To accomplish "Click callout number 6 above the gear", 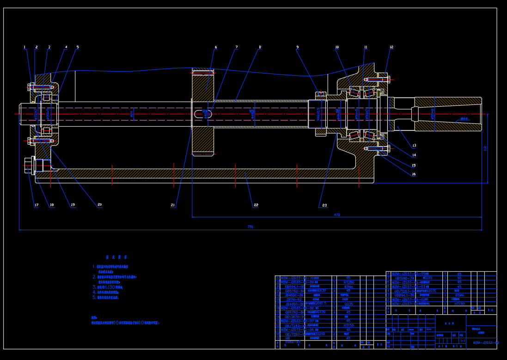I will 215,47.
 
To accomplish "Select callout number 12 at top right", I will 391,47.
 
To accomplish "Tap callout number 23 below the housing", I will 324,205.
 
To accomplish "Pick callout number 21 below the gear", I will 173,205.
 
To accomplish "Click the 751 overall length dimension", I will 250,226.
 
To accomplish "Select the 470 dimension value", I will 337,215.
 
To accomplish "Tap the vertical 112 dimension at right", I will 485,148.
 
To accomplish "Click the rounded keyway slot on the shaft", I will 202,114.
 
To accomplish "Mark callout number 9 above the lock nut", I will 298,47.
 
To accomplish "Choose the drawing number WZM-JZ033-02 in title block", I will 486,343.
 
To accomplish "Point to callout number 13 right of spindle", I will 414,145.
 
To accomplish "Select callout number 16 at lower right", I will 414,174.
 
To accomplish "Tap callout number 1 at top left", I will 25,47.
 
